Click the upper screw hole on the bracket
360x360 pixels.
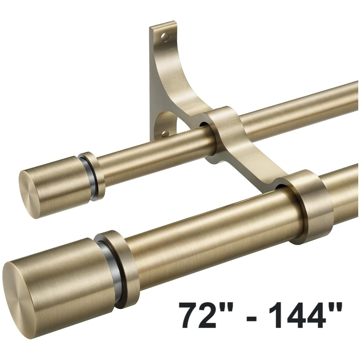click(165, 37)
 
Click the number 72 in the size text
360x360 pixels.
click(198, 315)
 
